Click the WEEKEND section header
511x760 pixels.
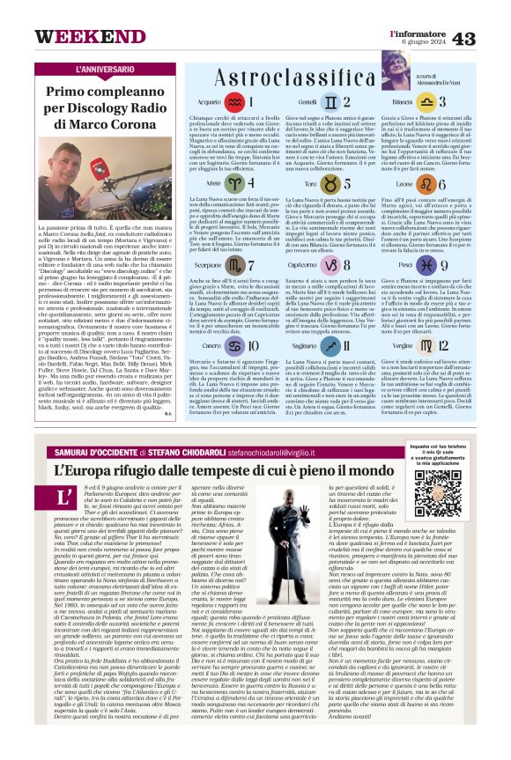[78, 36]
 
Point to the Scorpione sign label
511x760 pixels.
[208, 264]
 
